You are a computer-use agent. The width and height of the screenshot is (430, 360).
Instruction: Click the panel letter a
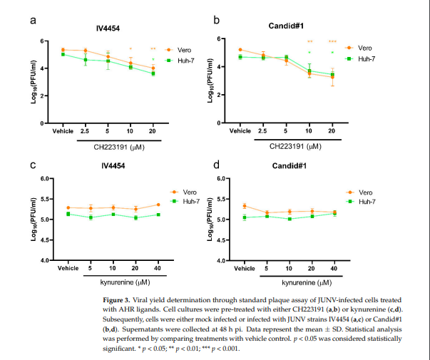34,20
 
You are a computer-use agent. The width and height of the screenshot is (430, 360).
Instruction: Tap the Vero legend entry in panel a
184,50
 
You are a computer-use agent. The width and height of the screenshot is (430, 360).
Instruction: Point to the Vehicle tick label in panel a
63,133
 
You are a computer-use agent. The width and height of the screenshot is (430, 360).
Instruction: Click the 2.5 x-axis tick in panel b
262,133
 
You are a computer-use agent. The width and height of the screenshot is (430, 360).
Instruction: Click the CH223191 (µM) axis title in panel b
300,148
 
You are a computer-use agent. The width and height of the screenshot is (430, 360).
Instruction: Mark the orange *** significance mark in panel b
332,42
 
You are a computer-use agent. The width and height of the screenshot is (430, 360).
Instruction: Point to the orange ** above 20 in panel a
153,49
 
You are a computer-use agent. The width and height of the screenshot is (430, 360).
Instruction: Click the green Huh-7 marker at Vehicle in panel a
63,54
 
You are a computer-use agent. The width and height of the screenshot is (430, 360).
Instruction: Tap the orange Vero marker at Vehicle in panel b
240,50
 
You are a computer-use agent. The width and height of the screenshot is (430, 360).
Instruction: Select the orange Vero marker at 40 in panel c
157,205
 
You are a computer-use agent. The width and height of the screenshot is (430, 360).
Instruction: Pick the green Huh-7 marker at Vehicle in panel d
245,217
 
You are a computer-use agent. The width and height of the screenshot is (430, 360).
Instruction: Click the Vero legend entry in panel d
363,192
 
